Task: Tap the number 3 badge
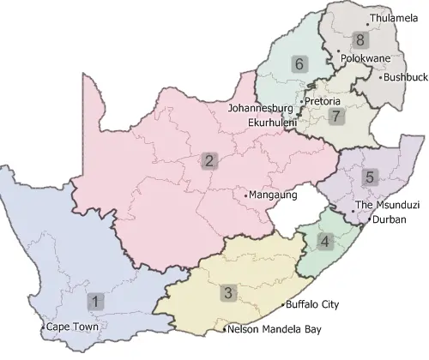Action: click(x=227, y=293)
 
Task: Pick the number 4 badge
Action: click(x=324, y=241)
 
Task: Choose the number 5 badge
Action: click(x=370, y=177)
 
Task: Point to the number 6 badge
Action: click(x=299, y=63)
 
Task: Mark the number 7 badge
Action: click(x=335, y=116)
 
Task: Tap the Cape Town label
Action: click(x=73, y=327)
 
